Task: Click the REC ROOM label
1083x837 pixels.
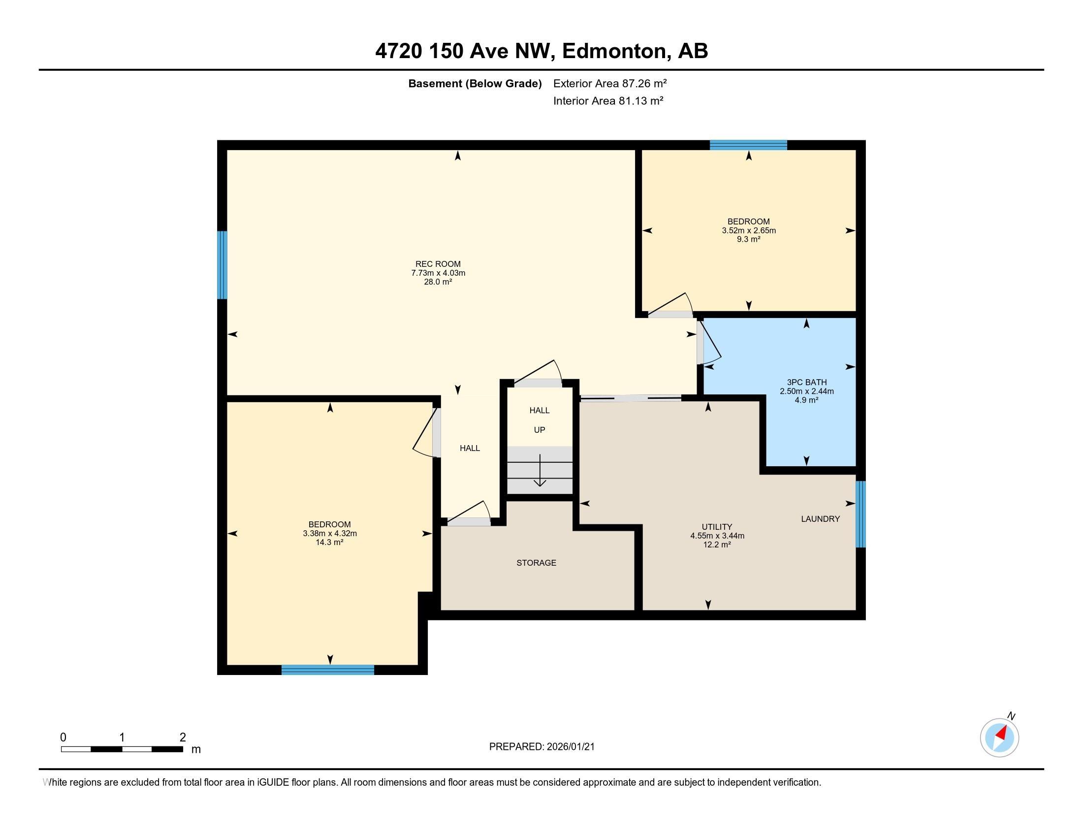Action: click(x=438, y=264)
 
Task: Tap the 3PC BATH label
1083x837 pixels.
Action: click(x=807, y=382)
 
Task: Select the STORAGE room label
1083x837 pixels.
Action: click(x=536, y=563)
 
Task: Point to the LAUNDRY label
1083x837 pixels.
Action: click(x=821, y=518)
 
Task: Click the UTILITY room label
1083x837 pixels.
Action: click(x=717, y=527)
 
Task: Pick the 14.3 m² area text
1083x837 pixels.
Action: click(x=330, y=543)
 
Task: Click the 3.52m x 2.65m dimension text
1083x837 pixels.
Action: click(x=749, y=230)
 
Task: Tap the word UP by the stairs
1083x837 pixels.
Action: click(x=540, y=430)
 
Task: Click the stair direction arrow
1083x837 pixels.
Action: click(x=540, y=471)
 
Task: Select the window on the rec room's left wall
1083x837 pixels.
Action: click(x=222, y=265)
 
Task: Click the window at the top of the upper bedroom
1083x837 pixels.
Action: click(x=748, y=145)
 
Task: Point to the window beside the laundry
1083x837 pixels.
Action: click(x=861, y=514)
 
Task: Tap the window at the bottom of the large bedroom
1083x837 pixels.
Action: click(x=328, y=670)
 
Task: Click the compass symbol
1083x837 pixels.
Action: click(x=1000, y=738)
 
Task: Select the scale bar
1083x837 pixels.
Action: click(x=122, y=749)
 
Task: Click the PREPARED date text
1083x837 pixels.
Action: click(x=541, y=747)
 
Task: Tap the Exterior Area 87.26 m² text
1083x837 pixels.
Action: click(x=610, y=83)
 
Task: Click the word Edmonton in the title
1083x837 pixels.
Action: click(x=614, y=51)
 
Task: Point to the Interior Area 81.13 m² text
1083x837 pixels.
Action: click(x=608, y=100)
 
